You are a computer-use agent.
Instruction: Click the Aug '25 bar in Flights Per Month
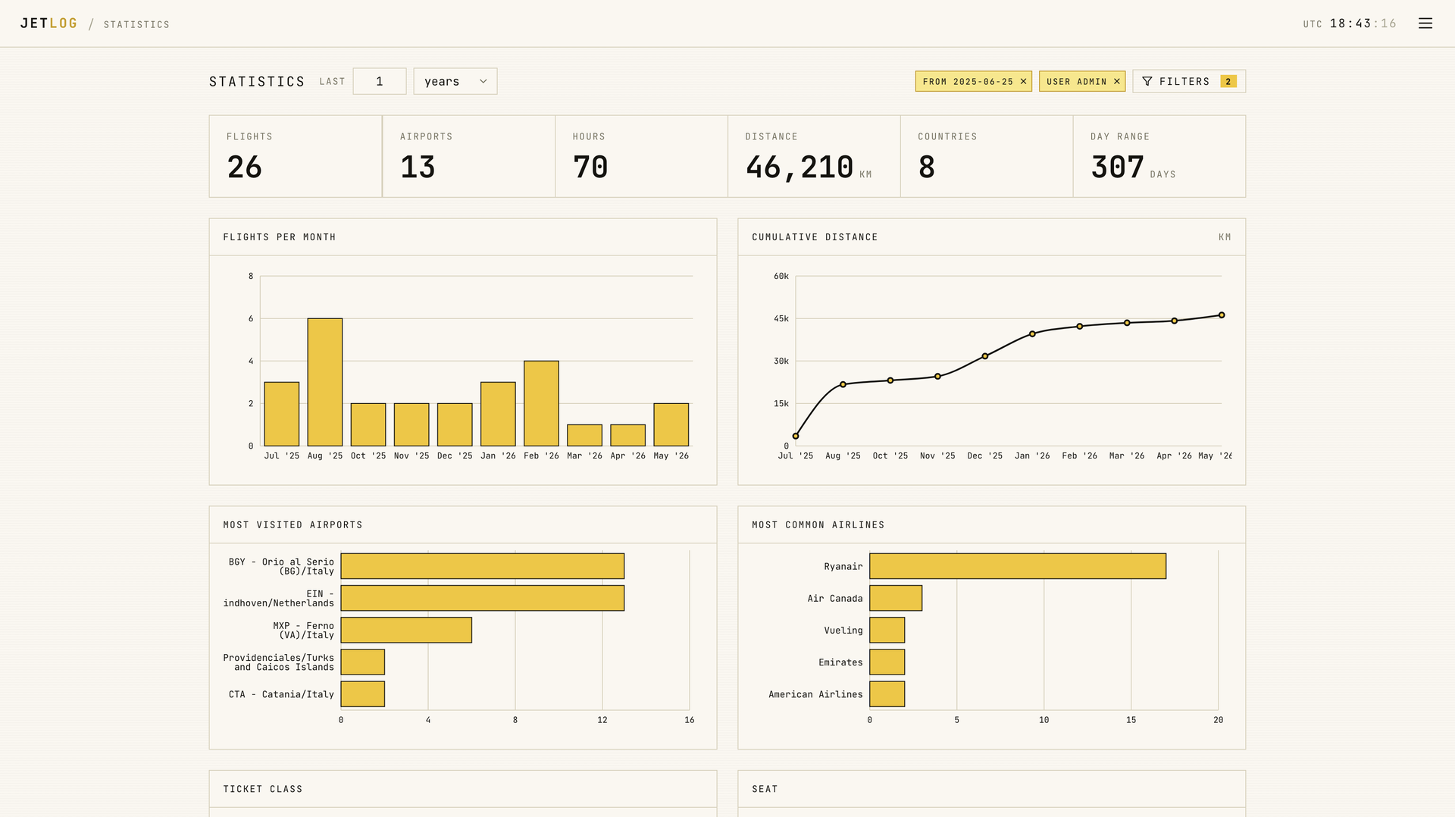pos(324,382)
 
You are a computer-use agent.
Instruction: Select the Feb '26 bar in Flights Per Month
pos(541,403)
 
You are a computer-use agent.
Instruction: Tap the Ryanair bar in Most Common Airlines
pos(1018,566)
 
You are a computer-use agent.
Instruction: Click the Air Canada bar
pos(896,598)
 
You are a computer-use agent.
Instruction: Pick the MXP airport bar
pos(406,630)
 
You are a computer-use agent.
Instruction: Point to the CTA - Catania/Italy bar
pos(363,693)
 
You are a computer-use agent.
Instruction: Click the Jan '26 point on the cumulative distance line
pos(1032,333)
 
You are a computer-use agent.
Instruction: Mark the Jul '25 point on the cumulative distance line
pos(796,436)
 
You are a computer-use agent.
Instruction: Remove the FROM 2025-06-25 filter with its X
pos(1023,81)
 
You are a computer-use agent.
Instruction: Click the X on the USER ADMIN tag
pos(1117,81)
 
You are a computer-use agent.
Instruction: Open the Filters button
pos(1189,81)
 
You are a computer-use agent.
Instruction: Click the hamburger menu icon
pos(1425,23)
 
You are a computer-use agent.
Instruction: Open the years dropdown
pos(455,81)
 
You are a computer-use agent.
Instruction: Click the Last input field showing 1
pos(380,81)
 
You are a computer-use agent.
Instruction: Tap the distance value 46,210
pos(799,167)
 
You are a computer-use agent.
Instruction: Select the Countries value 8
pos(926,167)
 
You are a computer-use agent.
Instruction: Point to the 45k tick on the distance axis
pos(781,318)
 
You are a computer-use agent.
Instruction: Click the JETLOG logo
pos(49,23)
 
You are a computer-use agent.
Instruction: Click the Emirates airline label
pos(840,662)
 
